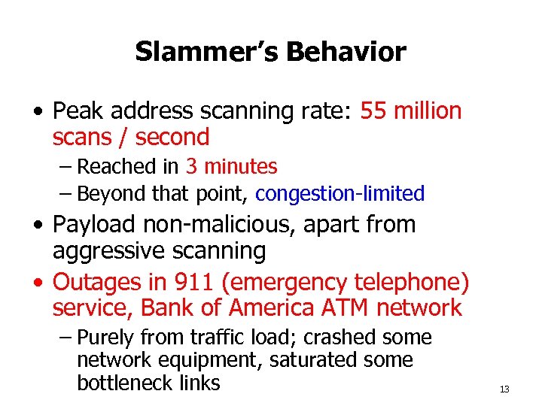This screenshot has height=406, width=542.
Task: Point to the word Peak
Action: pyautogui.click(x=77, y=111)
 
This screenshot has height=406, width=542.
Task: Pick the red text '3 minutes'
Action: pyautogui.click(x=231, y=166)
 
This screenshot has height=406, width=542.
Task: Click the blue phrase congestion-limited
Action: pyautogui.click(x=340, y=194)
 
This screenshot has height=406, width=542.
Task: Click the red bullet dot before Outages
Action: pyautogui.click(x=38, y=283)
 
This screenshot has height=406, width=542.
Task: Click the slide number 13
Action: pyautogui.click(x=504, y=389)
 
